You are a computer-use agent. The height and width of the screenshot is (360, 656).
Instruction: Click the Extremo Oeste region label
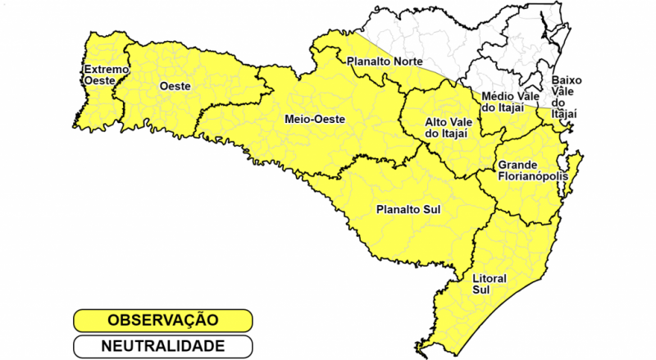click(106, 75)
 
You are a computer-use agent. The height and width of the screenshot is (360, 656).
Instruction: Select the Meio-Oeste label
click(314, 119)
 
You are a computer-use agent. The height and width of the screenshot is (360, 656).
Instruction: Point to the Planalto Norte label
click(385, 61)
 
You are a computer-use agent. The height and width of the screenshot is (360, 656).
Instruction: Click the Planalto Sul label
click(408, 209)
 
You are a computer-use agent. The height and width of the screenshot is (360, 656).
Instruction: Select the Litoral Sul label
click(490, 285)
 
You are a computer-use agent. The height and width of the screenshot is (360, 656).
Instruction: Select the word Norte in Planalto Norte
click(407, 61)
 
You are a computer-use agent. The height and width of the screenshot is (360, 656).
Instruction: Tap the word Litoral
click(490, 279)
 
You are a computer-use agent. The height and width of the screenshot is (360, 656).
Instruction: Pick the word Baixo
click(567, 80)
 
